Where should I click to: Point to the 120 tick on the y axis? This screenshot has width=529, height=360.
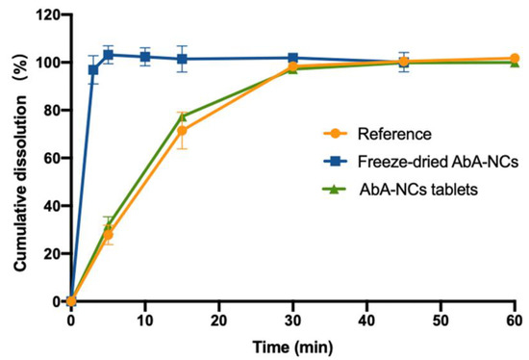click(46, 15)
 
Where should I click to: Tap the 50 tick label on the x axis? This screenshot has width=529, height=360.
click(441, 319)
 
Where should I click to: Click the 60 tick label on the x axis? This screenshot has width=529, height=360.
click(515, 319)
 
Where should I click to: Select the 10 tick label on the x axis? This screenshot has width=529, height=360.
click(144, 319)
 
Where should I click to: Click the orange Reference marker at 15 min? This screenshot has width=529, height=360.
click(181, 131)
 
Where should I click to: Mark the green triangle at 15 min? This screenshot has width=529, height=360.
click(181, 116)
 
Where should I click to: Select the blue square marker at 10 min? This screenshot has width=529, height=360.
click(144, 57)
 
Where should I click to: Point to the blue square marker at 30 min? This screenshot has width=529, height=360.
click(292, 58)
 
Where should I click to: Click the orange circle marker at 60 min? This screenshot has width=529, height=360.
click(515, 59)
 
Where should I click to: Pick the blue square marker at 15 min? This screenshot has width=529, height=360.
click(181, 59)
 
